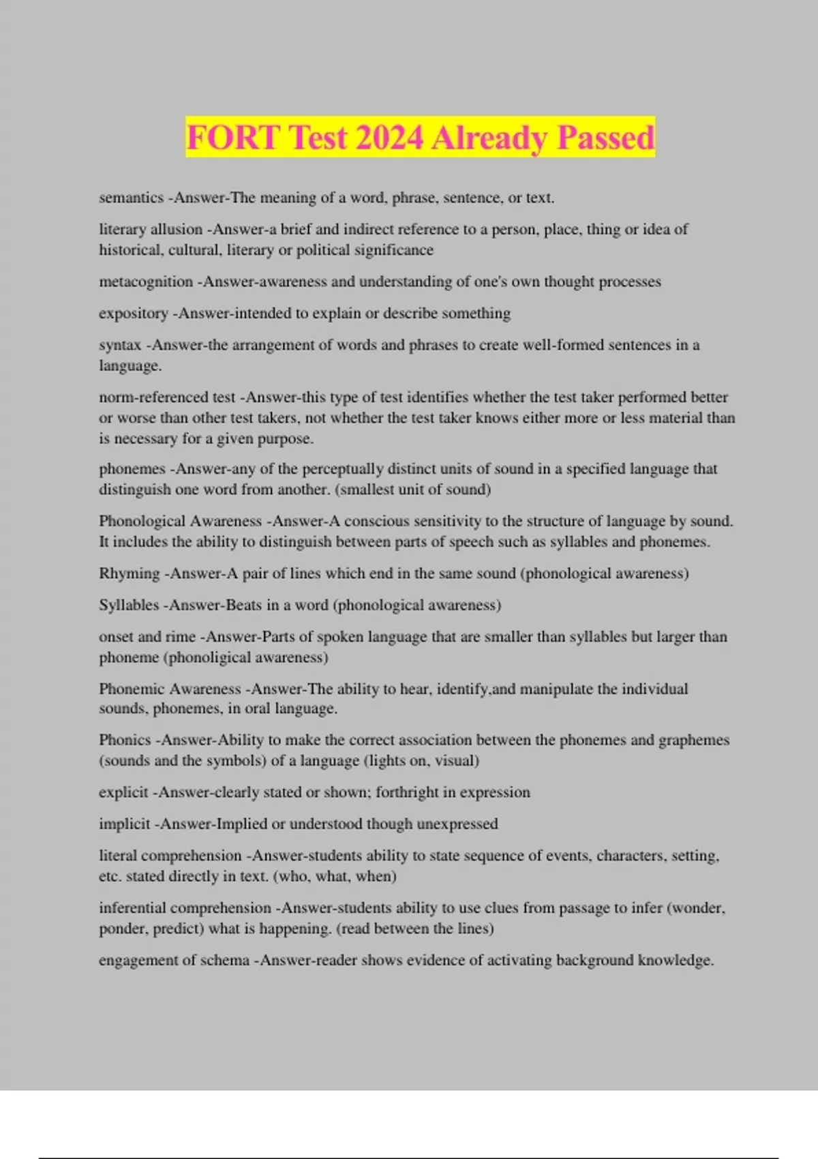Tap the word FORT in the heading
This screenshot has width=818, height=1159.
(x=233, y=138)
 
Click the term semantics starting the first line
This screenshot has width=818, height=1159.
(x=131, y=198)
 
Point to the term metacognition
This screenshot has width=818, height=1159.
(x=146, y=282)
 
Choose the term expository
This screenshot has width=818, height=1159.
(x=133, y=313)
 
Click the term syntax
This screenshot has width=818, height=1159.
(x=120, y=345)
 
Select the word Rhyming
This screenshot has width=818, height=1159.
(x=129, y=573)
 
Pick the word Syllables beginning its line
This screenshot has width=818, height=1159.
(x=128, y=605)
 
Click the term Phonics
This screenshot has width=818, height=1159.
(x=125, y=740)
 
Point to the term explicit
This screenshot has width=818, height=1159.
(x=123, y=792)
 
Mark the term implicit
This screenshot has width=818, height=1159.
(x=124, y=824)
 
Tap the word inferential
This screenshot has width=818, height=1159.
(x=134, y=907)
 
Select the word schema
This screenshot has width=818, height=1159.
(x=226, y=960)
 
